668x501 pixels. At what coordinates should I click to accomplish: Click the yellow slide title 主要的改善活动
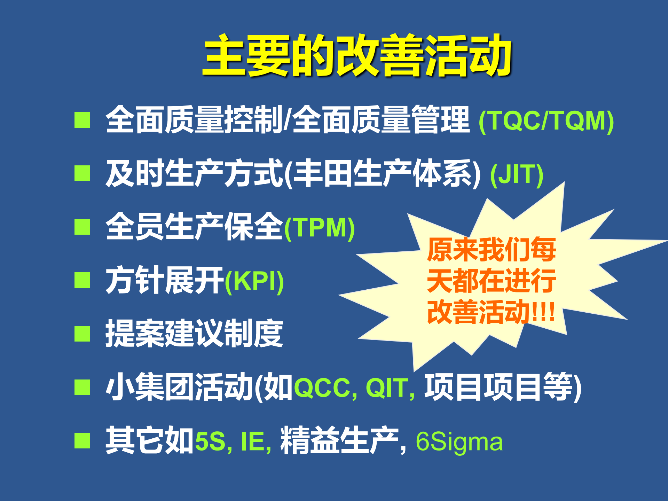(357, 56)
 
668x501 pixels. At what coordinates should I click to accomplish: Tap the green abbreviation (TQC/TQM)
(546, 121)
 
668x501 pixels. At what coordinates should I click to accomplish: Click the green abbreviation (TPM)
(320, 228)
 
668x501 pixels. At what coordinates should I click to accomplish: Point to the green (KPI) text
(254, 281)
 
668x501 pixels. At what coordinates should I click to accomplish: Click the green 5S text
(210, 441)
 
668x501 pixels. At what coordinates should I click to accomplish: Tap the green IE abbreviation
(252, 441)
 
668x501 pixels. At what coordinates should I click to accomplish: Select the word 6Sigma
(459, 441)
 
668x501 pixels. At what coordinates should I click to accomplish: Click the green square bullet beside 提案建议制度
(82, 334)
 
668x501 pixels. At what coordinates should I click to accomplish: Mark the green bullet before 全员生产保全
(82, 227)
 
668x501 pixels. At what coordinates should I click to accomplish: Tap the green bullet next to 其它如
(82, 440)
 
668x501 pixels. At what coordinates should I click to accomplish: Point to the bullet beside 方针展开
(82, 280)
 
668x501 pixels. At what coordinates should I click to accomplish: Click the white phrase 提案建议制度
(194, 334)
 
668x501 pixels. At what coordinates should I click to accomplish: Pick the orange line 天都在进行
(491, 281)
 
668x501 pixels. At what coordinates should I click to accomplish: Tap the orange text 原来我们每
(491, 250)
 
